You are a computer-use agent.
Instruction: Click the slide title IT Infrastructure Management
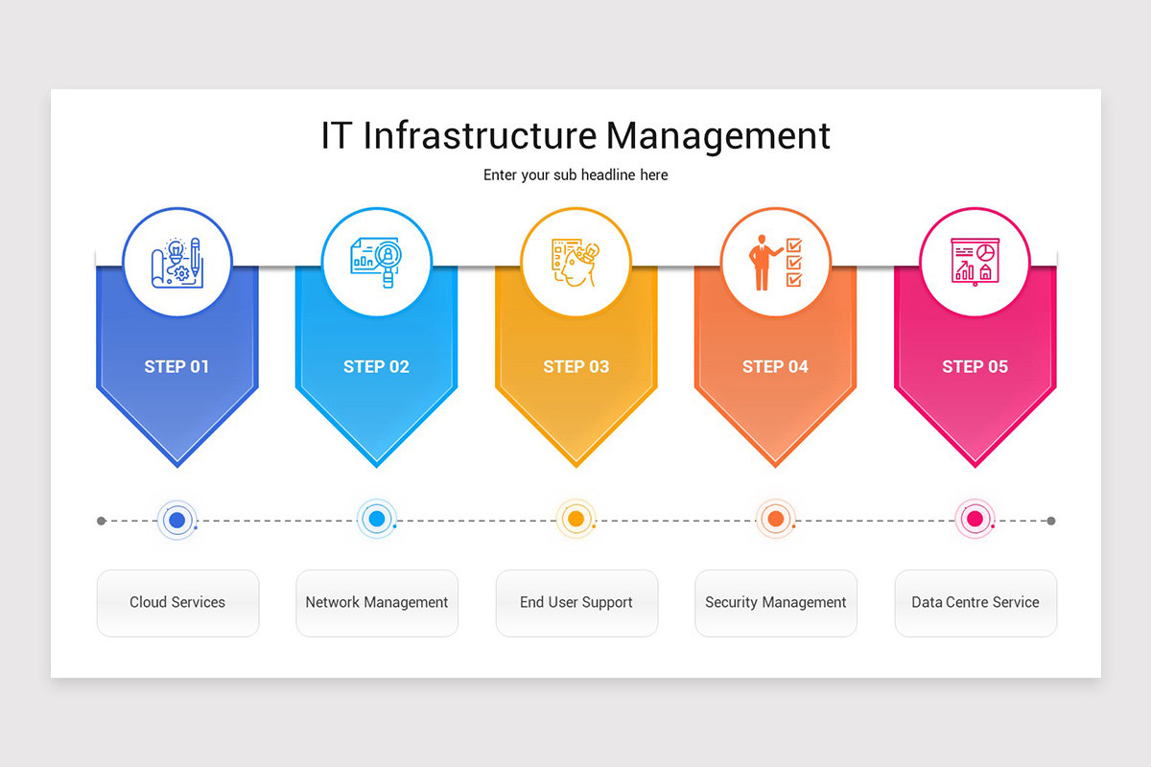point(575,135)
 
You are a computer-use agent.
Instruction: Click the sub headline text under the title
point(575,175)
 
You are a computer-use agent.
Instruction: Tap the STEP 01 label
point(176,366)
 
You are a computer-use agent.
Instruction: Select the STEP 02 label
point(376,366)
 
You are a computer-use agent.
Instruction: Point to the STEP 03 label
point(575,366)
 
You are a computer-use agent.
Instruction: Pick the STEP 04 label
point(775,366)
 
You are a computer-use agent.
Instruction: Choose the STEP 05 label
point(975,366)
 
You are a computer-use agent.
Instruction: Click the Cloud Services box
point(177,603)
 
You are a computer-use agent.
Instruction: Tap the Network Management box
point(377,603)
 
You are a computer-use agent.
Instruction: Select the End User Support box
point(576,603)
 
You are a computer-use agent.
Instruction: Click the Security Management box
point(776,603)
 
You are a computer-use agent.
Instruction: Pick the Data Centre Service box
point(975,603)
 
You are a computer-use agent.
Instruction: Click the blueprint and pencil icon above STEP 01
point(176,262)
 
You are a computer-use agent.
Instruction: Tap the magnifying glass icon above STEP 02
point(377,262)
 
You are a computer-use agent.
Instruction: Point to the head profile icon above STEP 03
point(575,262)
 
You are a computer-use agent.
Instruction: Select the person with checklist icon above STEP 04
point(775,262)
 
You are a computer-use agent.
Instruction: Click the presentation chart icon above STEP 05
point(975,262)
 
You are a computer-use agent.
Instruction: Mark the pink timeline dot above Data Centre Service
point(975,520)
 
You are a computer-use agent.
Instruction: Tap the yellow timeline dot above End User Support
point(575,520)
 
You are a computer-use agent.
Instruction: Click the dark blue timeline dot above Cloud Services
point(176,520)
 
